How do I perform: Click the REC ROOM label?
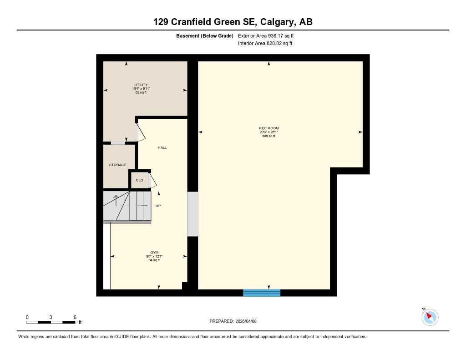coord(268,128)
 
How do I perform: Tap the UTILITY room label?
coord(141,85)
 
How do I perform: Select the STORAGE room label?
coord(117,165)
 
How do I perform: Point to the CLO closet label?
coord(140,180)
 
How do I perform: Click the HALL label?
coord(162,147)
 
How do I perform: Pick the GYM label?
coord(155,253)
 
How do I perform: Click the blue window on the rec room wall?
coord(262,293)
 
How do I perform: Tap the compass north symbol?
coord(430,317)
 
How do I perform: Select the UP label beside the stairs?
coord(158,206)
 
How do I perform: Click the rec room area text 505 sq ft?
coord(268,136)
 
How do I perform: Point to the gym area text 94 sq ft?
coord(154,260)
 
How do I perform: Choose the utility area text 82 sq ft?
coord(141,92)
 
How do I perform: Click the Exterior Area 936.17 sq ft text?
coord(269,35)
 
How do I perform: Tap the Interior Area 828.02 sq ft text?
coord(265,44)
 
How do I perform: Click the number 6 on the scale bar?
coord(75,317)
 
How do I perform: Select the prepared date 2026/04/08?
coord(250,321)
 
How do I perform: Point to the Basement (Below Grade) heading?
coord(204,35)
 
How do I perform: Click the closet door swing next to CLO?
coord(152,180)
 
